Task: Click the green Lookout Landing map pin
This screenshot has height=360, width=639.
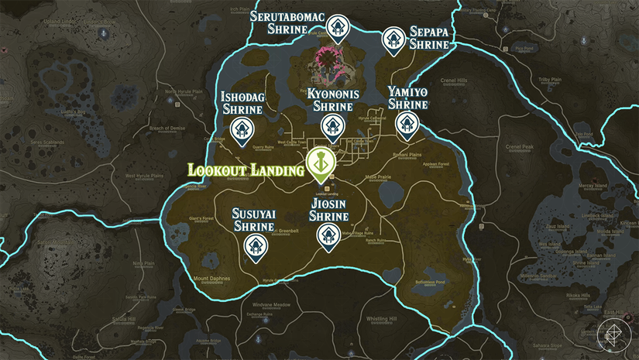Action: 319,163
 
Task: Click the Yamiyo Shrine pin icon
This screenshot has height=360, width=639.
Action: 407,123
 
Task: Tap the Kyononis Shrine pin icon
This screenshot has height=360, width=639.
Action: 332,125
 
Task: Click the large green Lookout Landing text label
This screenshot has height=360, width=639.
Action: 245,170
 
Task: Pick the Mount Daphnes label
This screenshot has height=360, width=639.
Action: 211,277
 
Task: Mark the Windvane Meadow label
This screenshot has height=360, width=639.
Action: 266,305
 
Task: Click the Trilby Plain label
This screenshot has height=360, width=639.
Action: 550,80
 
